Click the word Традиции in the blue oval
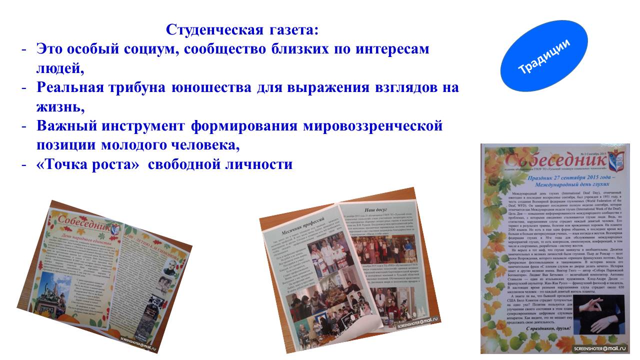click(x=544, y=56)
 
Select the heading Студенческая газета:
click(x=242, y=30)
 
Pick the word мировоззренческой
click(x=372, y=125)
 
